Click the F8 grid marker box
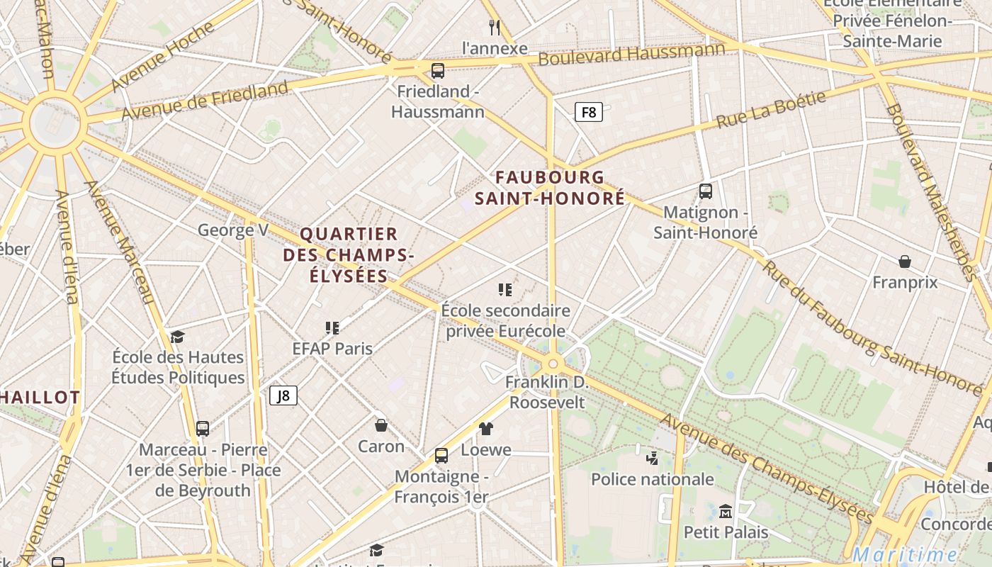click(588, 112)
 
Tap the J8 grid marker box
click(283, 395)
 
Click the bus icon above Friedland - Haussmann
click(438, 71)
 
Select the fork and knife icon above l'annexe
click(495, 28)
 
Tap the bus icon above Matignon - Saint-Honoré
click(706, 191)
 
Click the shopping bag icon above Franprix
click(905, 262)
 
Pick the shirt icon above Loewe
click(486, 428)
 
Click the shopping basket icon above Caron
click(381, 425)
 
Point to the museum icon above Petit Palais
click(726, 510)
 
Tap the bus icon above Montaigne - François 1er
click(441, 455)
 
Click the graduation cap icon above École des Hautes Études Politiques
click(177, 337)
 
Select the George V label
click(233, 230)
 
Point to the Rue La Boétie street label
click(771, 110)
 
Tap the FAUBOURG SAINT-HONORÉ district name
click(550, 188)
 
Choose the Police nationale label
click(653, 479)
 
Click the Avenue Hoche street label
click(162, 58)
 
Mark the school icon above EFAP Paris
click(332, 327)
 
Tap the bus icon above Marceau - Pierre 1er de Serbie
click(203, 428)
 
